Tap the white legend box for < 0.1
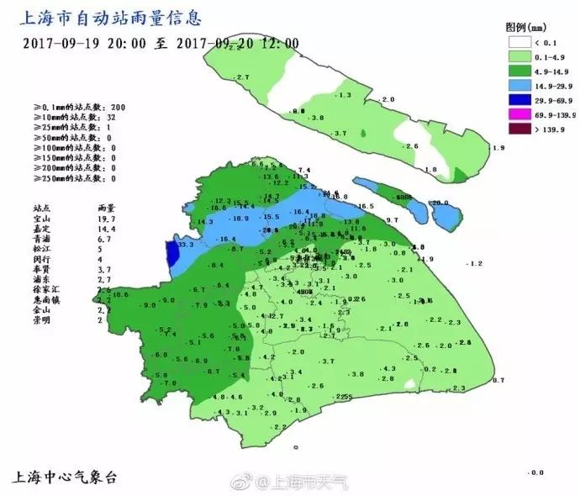[519, 41]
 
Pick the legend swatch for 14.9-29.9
[519, 85]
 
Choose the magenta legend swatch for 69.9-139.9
[519, 114]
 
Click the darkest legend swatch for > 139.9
[519, 129]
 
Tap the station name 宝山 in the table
[42, 218]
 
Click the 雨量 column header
[105, 207]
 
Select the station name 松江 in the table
[42, 249]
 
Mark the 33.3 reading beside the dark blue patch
[187, 245]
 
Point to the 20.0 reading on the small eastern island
[441, 203]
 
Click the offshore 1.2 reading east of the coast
[475, 264]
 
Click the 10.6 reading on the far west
[119, 294]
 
